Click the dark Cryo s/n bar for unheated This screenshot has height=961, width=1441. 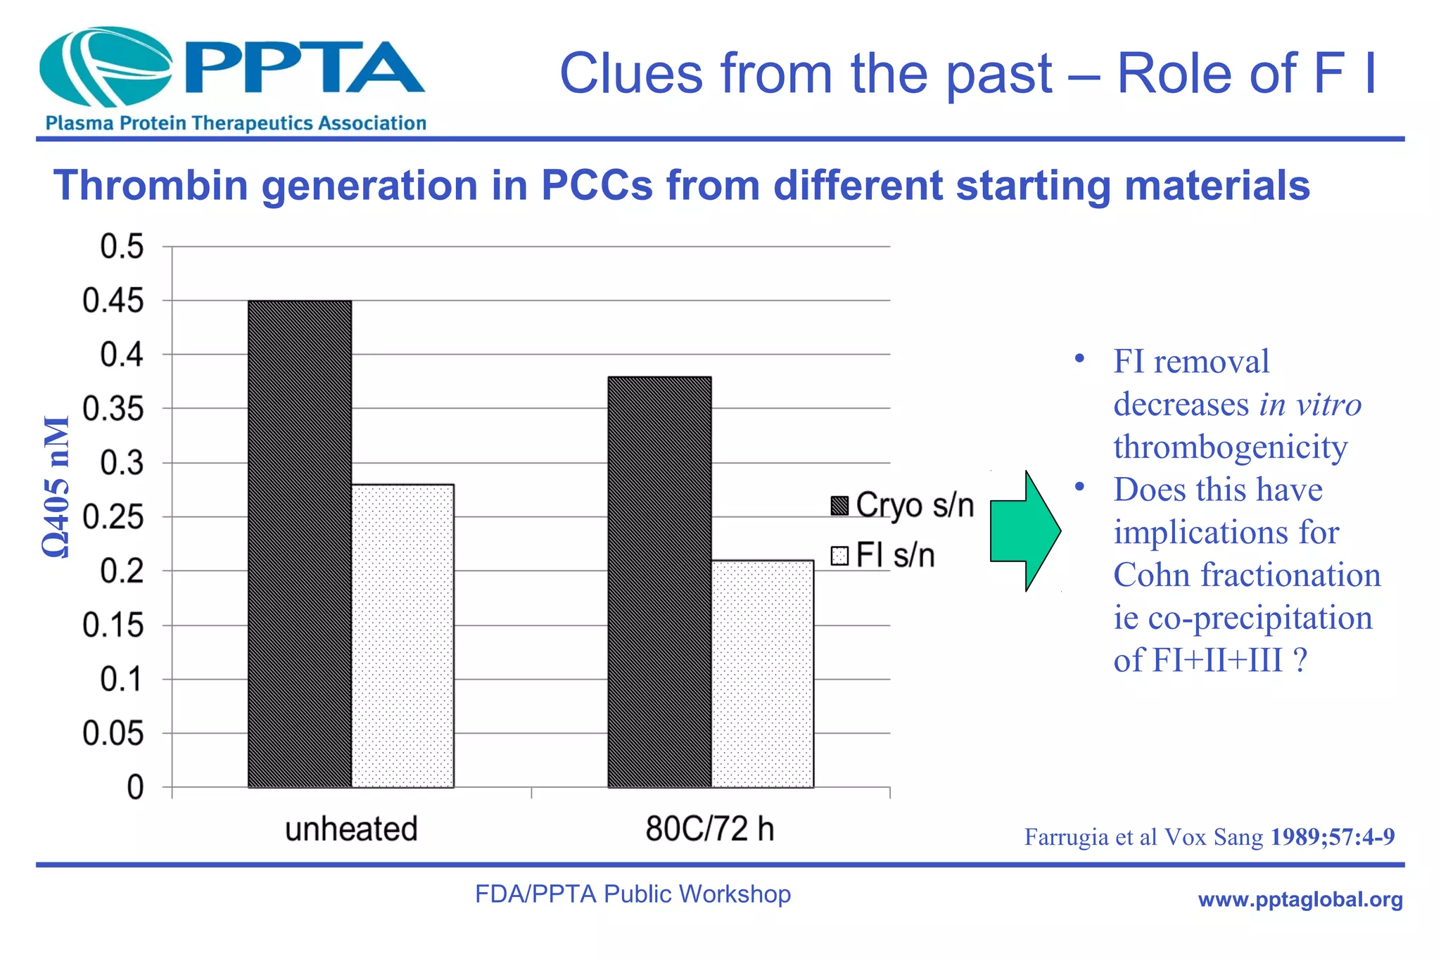tap(300, 543)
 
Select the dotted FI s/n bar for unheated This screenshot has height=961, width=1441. tap(402, 635)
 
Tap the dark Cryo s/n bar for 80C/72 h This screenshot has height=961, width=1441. tap(659, 582)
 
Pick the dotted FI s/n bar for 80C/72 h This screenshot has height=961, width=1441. tap(762, 673)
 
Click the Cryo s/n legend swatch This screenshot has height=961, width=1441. tap(839, 506)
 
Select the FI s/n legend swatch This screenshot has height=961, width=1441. tap(839, 556)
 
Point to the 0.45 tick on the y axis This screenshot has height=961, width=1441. tap(113, 301)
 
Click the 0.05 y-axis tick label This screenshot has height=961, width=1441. tap(113, 734)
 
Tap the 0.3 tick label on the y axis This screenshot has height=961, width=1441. tap(121, 463)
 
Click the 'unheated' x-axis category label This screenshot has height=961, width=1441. tap(351, 829)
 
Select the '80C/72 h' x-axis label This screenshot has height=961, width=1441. tap(710, 829)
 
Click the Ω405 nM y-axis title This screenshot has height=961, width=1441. tap(56, 487)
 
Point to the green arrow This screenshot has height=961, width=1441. tap(1024, 531)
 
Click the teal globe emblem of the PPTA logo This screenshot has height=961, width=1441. tap(106, 67)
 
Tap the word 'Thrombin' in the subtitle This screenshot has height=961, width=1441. tap(151, 186)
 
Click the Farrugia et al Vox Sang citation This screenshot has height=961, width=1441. tap(1209, 837)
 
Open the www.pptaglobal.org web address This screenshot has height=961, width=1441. tap(1300, 899)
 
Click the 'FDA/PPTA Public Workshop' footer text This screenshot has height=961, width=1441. tap(633, 894)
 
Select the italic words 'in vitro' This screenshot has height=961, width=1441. tap(1310, 405)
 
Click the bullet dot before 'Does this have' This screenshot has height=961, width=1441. tap(1080, 487)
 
